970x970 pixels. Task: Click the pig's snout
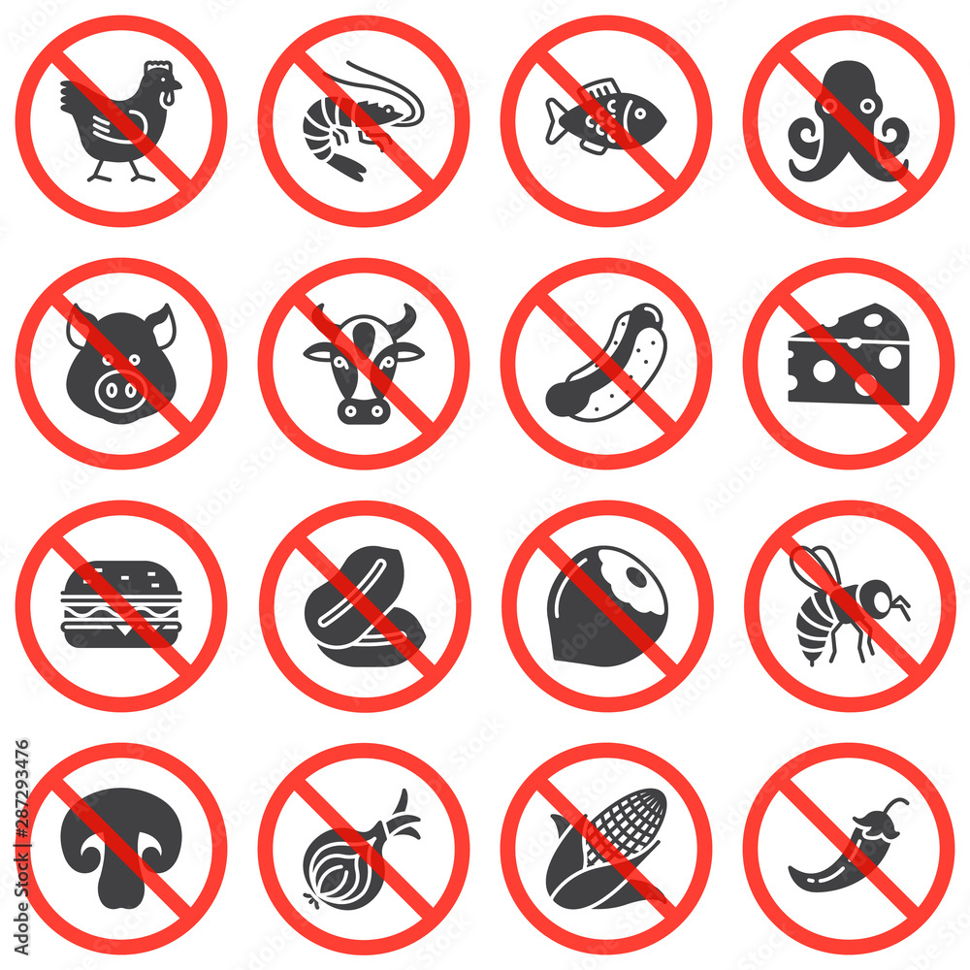click(122, 392)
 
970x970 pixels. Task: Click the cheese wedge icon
click(849, 356)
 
